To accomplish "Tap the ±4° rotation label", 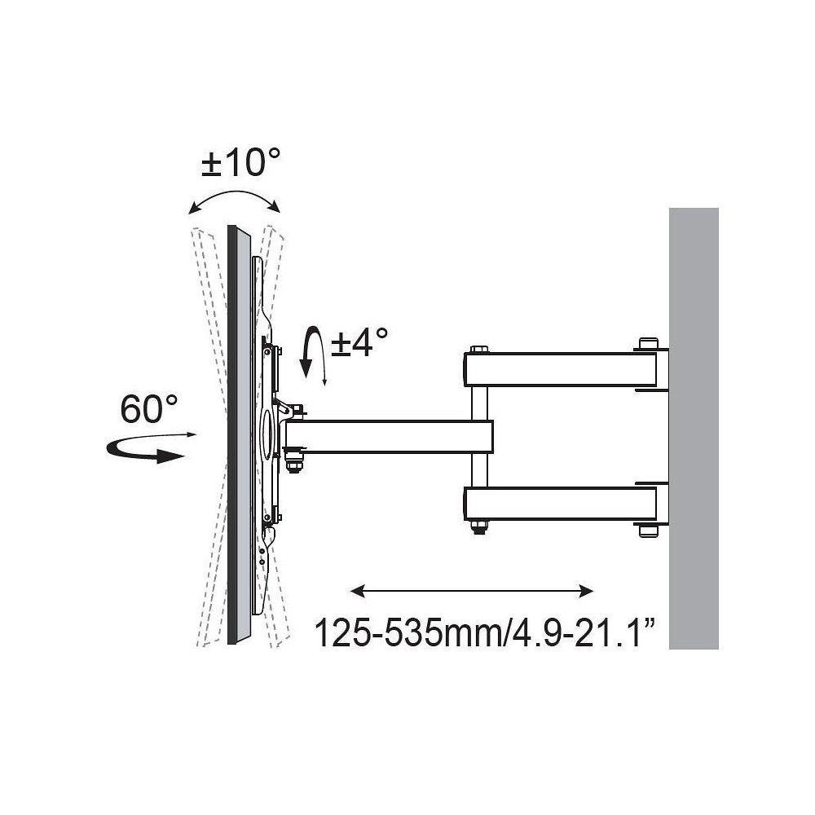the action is click(359, 342).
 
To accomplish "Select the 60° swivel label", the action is click(148, 409).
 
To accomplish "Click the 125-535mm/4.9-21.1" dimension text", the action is click(484, 632).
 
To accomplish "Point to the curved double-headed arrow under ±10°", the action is click(234, 192).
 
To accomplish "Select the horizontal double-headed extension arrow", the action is click(472, 591).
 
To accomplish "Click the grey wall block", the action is click(694, 429).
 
